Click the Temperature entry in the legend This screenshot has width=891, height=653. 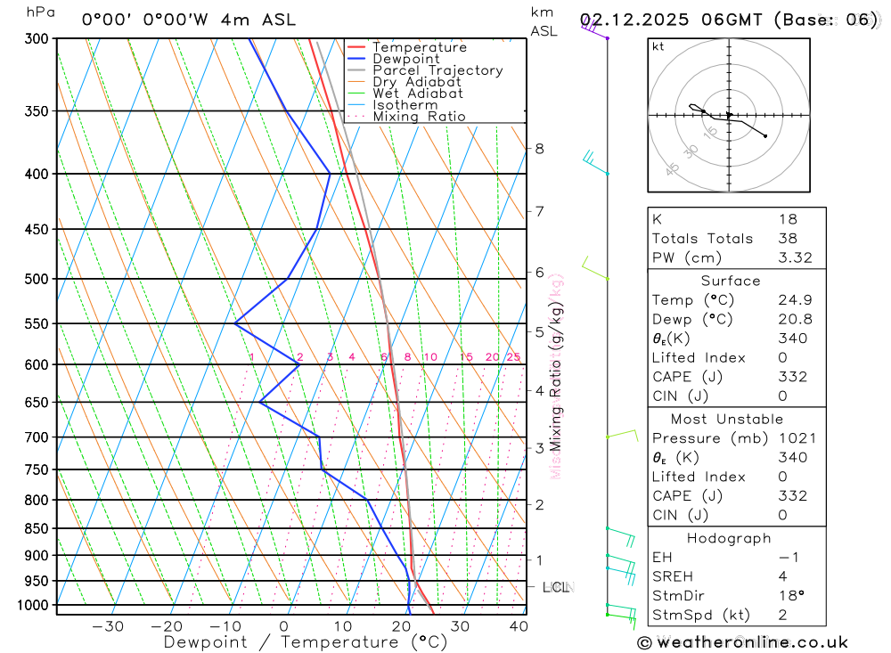(419, 47)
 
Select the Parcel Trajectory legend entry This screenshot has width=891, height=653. (437, 70)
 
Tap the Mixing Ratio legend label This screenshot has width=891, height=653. (419, 117)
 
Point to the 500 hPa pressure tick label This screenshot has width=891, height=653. (37, 279)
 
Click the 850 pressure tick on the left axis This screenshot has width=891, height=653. (37, 528)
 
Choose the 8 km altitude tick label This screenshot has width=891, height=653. (539, 149)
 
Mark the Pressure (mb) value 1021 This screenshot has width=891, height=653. (793, 438)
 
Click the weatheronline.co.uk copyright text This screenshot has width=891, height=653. (743, 642)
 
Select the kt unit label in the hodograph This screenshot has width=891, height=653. (658, 46)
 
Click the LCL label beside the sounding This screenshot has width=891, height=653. (558, 587)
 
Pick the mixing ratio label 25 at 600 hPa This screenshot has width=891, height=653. (513, 357)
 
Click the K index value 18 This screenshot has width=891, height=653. (788, 219)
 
